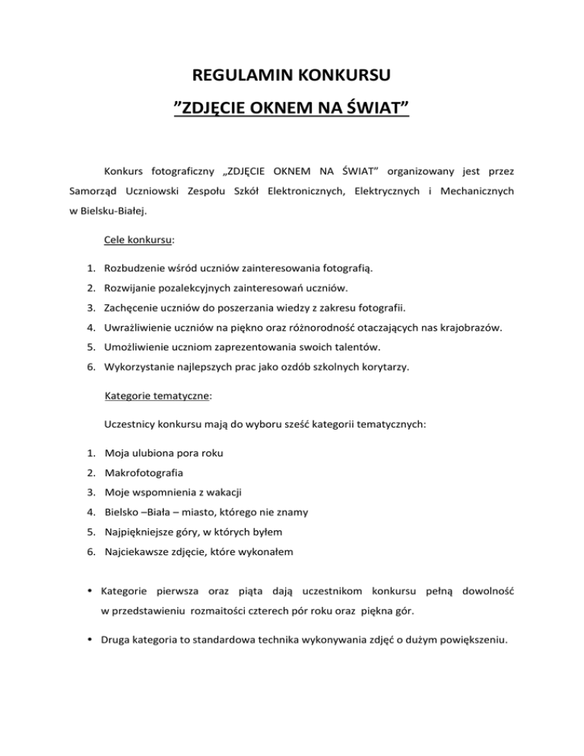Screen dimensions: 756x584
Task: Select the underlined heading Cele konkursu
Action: pos(137,239)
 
